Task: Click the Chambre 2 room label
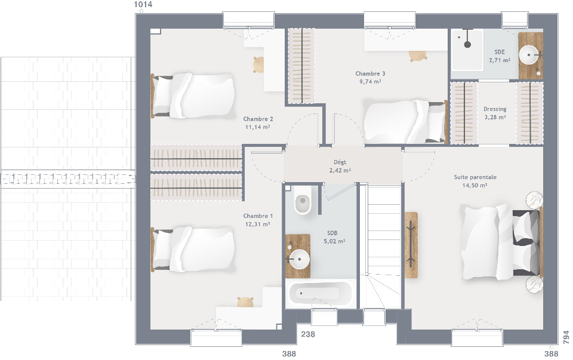tap(258, 119)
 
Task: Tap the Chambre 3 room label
tap(370, 73)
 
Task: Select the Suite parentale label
tap(475, 177)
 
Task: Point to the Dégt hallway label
tap(340, 162)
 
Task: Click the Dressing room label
tap(495, 109)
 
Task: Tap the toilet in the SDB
tap(302, 200)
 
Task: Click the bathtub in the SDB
tap(321, 293)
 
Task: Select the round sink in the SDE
tap(529, 55)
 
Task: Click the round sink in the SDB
tap(299, 259)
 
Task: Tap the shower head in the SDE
tap(467, 44)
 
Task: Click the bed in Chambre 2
tap(193, 96)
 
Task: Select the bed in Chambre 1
tap(193, 250)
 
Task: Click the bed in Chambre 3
tap(405, 122)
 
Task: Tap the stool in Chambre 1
tap(245, 302)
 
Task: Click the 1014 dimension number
tap(143, 4)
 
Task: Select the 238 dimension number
tap(308, 334)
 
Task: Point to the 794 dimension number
tap(566, 337)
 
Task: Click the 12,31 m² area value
tap(258, 224)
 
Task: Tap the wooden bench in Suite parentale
tap(411, 245)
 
